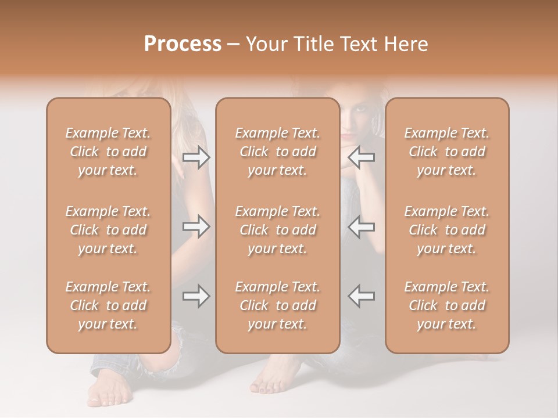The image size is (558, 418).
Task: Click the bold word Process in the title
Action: tap(183, 44)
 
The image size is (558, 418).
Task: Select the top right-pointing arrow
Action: tap(196, 157)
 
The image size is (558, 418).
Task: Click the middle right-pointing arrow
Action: tap(196, 226)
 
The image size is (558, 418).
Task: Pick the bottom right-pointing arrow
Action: tap(196, 296)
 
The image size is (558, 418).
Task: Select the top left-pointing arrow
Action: tap(362, 157)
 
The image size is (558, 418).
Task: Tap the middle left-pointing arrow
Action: tap(362, 226)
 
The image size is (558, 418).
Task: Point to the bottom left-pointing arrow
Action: tap(362, 296)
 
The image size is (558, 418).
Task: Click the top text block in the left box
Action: tap(108, 152)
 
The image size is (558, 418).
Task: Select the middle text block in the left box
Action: tap(108, 230)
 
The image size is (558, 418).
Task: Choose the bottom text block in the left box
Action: tap(108, 305)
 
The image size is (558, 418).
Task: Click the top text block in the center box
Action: tap(277, 152)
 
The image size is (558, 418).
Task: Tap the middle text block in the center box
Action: tap(277, 230)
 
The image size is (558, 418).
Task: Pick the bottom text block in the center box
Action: tap(277, 305)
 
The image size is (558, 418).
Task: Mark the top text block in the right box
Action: tap(446, 152)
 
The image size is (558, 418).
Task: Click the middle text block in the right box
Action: tap(446, 230)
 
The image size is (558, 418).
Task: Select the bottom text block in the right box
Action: tap(446, 305)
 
